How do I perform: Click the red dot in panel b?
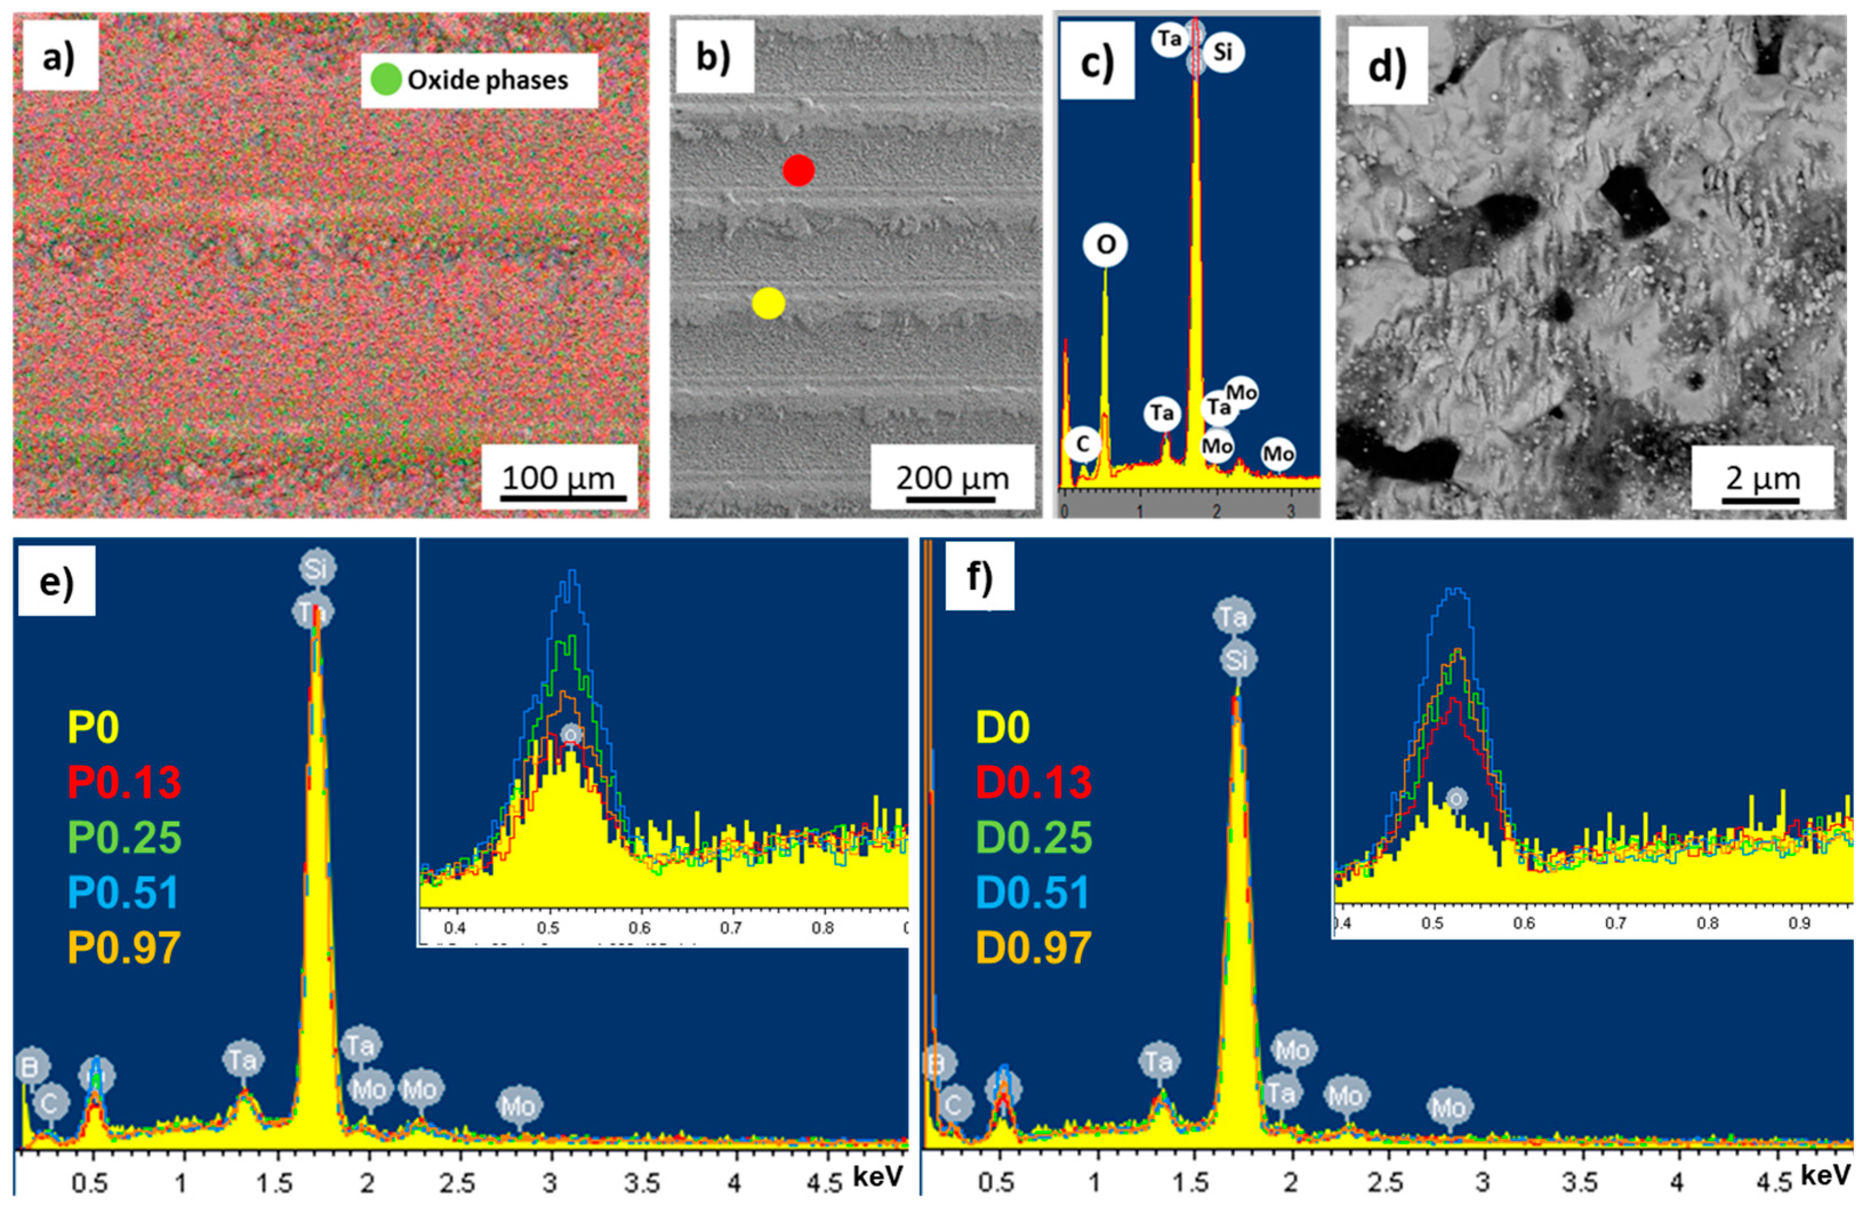799,170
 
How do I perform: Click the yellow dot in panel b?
768,303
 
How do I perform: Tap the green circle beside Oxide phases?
386,79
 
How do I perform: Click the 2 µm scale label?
1762,479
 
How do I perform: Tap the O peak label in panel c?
1105,246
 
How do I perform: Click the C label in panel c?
1083,445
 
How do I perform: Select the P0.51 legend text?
124,892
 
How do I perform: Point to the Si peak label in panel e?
317,568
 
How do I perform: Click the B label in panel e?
31,1066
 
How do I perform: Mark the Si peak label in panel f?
1237,661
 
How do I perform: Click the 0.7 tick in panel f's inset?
1615,923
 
